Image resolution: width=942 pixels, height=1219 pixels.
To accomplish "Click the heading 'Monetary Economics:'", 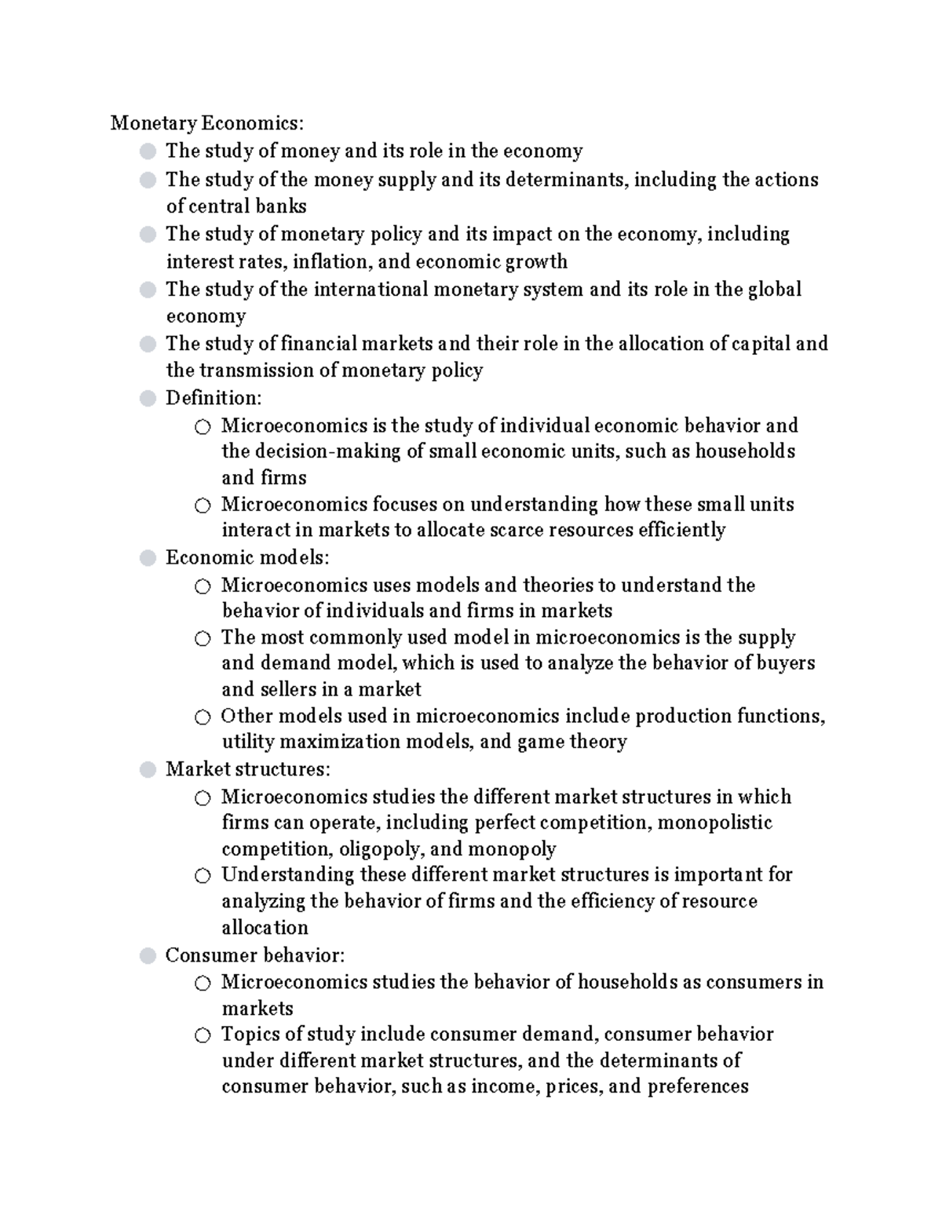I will [x=206, y=123].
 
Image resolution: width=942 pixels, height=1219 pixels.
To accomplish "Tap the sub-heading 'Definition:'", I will [x=214, y=398].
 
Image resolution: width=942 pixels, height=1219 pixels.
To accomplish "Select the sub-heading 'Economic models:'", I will [x=247, y=558].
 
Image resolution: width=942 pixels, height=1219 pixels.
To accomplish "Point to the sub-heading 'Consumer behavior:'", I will [x=255, y=955].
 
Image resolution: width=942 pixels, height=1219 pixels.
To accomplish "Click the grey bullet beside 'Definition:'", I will [x=148, y=399].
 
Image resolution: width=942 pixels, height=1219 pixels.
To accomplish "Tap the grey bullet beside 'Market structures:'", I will [x=148, y=770].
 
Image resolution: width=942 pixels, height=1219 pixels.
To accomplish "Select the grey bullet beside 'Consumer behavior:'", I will [x=148, y=956].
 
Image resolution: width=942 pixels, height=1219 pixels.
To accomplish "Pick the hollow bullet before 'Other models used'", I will [x=203, y=717].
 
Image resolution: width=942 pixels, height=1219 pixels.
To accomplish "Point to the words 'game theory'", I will [x=571, y=742].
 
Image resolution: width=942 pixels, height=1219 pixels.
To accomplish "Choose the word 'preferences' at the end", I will [x=698, y=1086].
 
